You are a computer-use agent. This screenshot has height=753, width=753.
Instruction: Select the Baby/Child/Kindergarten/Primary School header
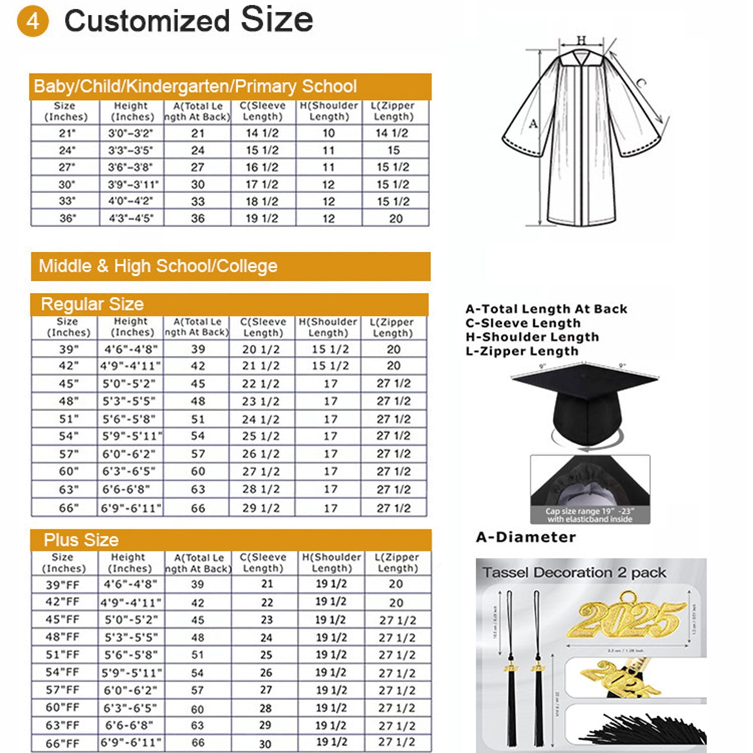pos(195,87)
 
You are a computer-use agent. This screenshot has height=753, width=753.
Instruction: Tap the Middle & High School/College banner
pos(158,266)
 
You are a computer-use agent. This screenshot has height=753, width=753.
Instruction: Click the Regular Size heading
pos(92,304)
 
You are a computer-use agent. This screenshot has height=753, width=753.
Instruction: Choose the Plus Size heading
pos(81,540)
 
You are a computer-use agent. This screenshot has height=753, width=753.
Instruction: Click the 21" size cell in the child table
pos(67,134)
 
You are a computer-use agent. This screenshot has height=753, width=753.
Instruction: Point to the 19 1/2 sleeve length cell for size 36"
pos(262,219)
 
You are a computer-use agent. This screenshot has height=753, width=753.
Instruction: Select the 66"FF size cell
pos(63,744)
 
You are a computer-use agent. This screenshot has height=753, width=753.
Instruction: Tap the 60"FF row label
pos(63,708)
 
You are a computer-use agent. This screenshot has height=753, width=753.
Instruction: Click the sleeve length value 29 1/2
pos(261,508)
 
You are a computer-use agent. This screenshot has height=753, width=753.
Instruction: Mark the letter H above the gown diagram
pos(581,40)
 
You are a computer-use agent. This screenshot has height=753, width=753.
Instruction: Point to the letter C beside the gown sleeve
pos(641,83)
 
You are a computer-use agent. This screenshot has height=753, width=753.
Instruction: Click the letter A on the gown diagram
pos(533,124)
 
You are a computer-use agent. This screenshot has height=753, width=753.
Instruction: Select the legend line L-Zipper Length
pos(521,352)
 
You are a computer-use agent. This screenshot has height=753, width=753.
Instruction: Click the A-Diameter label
pos(526,537)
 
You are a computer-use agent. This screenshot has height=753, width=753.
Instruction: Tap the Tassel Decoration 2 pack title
pos(574,573)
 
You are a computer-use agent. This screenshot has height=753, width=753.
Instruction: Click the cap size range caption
pos(590,515)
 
